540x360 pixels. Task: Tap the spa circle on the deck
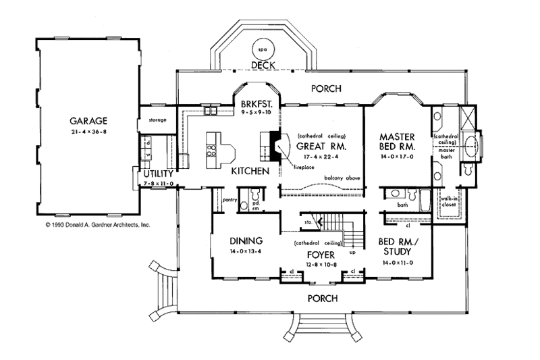point(261,49)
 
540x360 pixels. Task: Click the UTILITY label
point(157,174)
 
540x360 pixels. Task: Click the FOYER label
point(317,255)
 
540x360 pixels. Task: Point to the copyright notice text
point(97,224)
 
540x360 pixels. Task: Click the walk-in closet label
point(450,204)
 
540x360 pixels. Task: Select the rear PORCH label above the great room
point(326,88)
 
